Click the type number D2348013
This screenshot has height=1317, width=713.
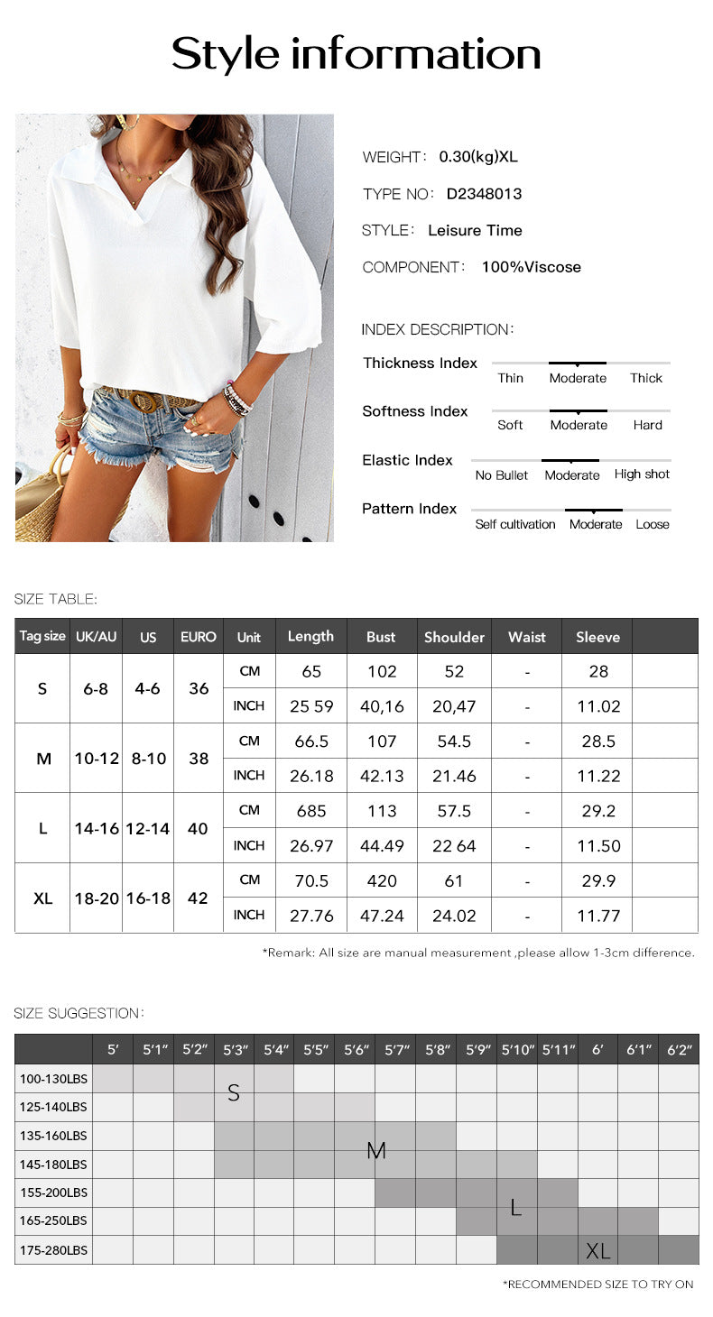pos(484,194)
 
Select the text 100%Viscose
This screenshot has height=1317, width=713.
pos(531,267)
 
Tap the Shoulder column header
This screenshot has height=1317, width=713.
pos(454,637)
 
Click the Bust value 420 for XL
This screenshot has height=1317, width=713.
pos(382,880)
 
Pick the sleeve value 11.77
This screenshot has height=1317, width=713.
pos(597,916)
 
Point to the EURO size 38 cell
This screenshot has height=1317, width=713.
pos(198,759)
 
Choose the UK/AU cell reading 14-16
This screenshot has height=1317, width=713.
pos(97,828)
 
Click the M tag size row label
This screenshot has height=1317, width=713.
pos(43,759)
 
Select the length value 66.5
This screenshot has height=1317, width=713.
pos(311,741)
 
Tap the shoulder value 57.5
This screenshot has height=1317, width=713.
pos(454,811)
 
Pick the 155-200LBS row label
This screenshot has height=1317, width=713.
pos(53,1193)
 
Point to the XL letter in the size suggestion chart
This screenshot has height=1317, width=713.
pos(597,1251)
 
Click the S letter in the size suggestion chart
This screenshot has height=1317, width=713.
pos(234,1093)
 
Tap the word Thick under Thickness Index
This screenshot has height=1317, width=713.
pos(646,378)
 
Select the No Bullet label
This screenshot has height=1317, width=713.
pos(502,475)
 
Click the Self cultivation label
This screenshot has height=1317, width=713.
pos(515,524)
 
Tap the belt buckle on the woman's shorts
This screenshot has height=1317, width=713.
pos(144,401)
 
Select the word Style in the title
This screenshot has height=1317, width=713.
pos(226,54)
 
